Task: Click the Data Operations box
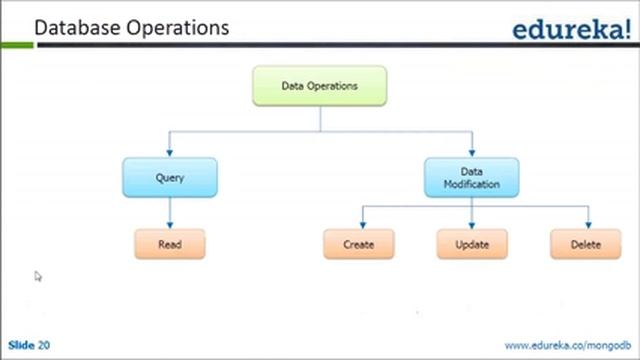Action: coord(319,86)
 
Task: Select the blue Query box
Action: coord(170,177)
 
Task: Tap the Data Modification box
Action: coord(471,177)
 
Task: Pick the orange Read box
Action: coord(170,244)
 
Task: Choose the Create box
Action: coord(358,244)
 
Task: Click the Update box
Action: coord(471,244)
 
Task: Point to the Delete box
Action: coord(585,244)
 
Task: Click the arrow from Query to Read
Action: coord(170,212)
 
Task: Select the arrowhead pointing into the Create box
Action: coord(358,224)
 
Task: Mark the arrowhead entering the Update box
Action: coord(471,224)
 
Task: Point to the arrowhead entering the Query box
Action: coord(170,151)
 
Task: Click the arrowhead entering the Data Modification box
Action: coord(471,151)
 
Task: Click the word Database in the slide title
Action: coord(76,27)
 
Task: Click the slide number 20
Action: coord(44,345)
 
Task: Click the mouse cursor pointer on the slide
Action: coord(38,276)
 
